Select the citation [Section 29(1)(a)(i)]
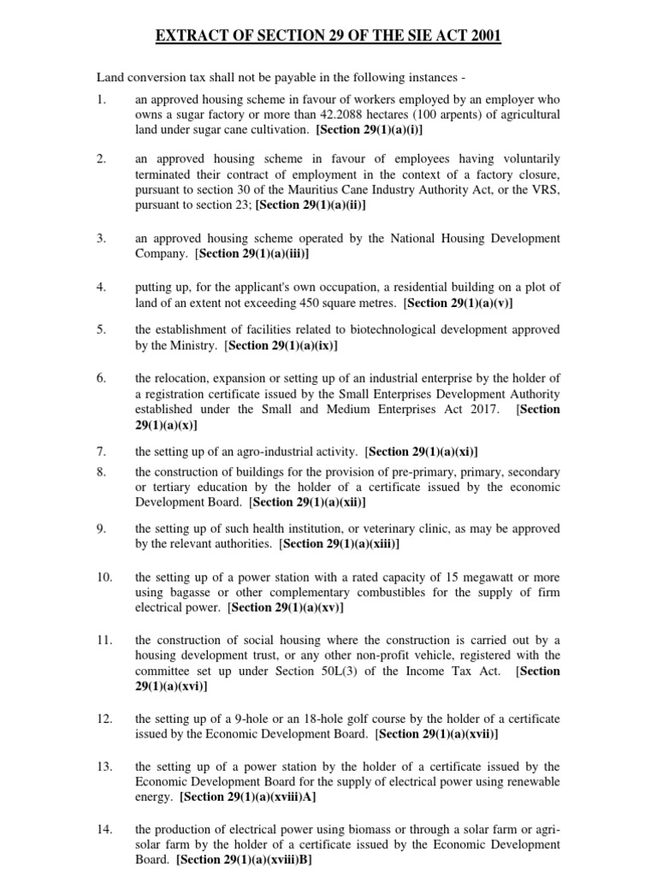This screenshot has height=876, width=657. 369,130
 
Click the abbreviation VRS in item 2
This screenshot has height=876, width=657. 544,190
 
